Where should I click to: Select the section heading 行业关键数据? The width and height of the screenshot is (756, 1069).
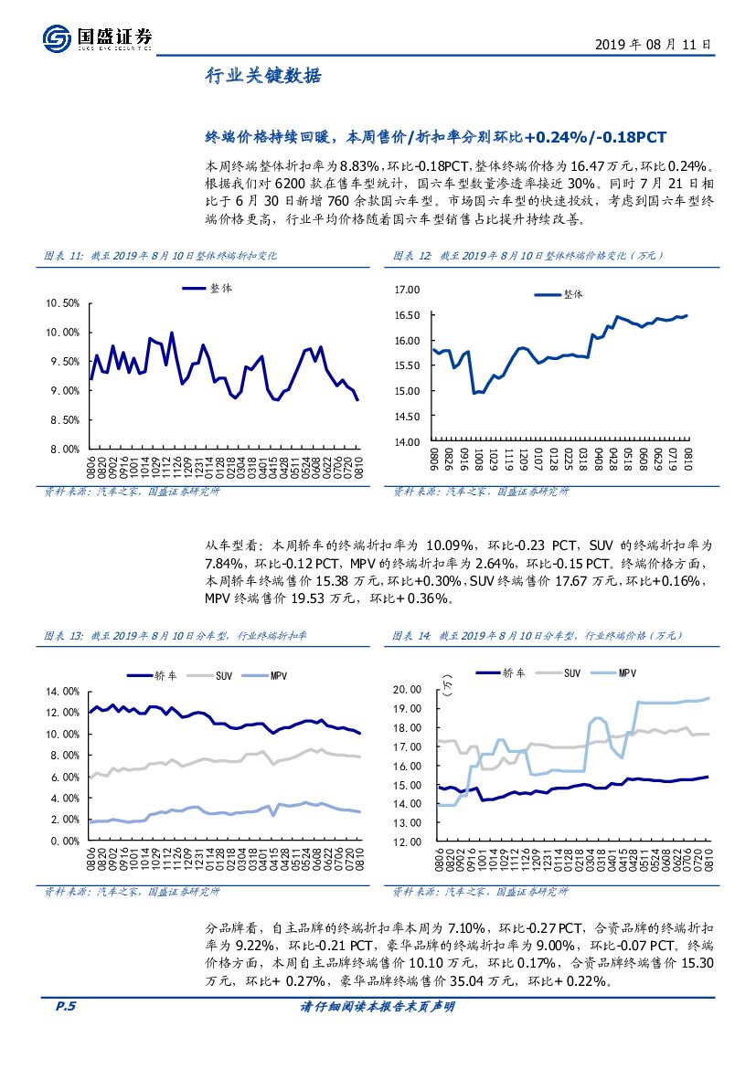[262, 77]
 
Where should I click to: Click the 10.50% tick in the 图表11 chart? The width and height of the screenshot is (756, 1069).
[62, 303]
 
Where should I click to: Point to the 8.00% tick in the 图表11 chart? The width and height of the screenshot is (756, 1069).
[62, 450]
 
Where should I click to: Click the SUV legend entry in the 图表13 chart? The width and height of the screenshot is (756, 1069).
[225, 675]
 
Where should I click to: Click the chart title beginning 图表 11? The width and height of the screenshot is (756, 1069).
[161, 256]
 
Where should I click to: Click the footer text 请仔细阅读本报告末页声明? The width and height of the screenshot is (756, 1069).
[378, 1007]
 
